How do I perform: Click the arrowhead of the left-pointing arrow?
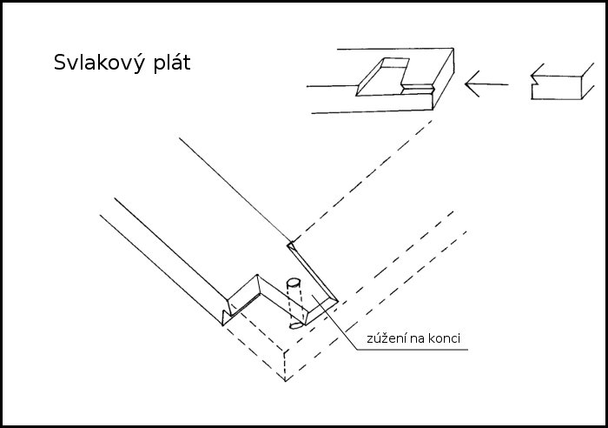[470, 85]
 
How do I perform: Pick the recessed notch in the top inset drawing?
[382, 78]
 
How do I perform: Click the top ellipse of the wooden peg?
[293, 282]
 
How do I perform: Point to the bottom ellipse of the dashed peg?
[295, 324]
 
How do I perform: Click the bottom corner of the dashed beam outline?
[287, 380]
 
